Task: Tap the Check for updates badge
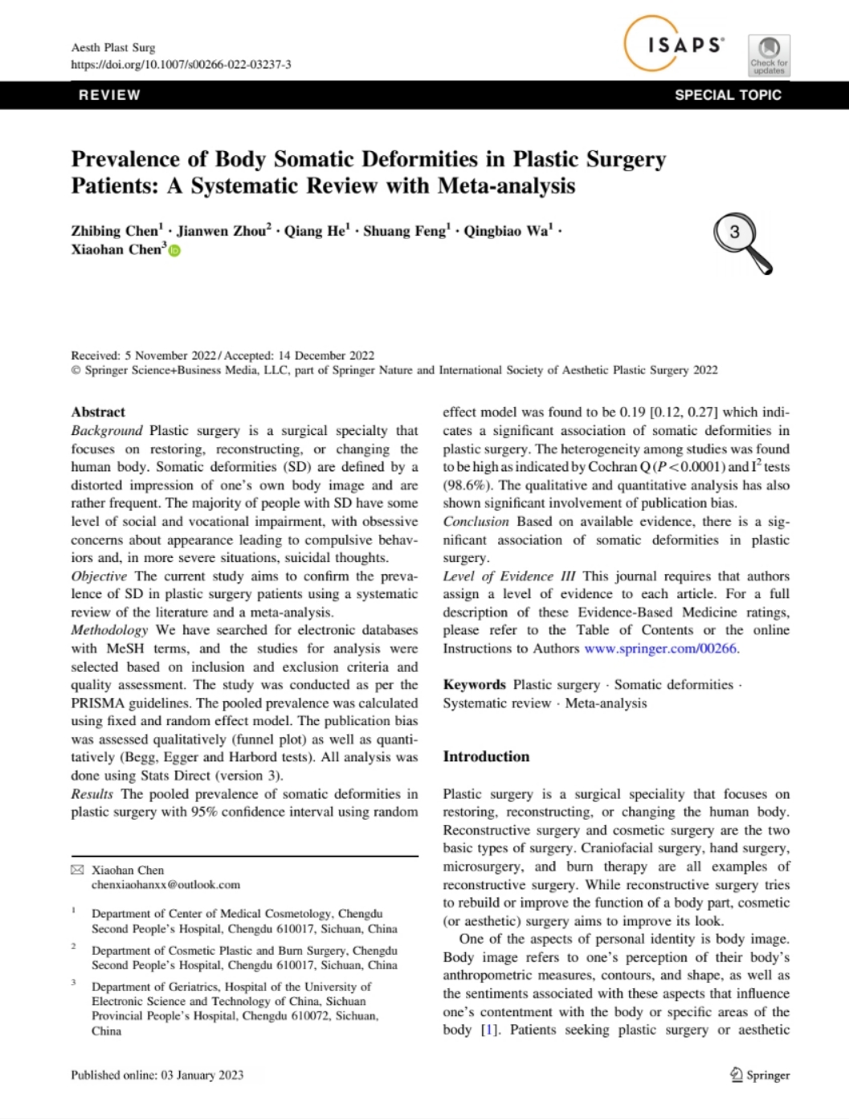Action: click(x=769, y=55)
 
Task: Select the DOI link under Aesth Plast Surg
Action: click(x=181, y=64)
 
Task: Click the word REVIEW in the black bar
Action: click(x=109, y=95)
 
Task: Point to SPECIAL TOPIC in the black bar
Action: click(x=728, y=95)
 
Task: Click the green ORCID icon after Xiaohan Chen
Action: click(x=175, y=251)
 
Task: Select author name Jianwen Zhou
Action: click(x=222, y=232)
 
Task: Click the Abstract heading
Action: click(x=98, y=412)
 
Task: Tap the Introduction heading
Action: click(x=486, y=756)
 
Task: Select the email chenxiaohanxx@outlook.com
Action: click(x=165, y=884)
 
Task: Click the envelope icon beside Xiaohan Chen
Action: click(x=77, y=870)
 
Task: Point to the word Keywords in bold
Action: click(x=474, y=685)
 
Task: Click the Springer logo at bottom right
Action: click(x=760, y=1075)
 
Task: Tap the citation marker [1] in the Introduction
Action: click(x=489, y=1030)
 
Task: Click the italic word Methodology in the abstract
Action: click(x=109, y=630)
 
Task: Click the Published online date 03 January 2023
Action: click(x=202, y=1075)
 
